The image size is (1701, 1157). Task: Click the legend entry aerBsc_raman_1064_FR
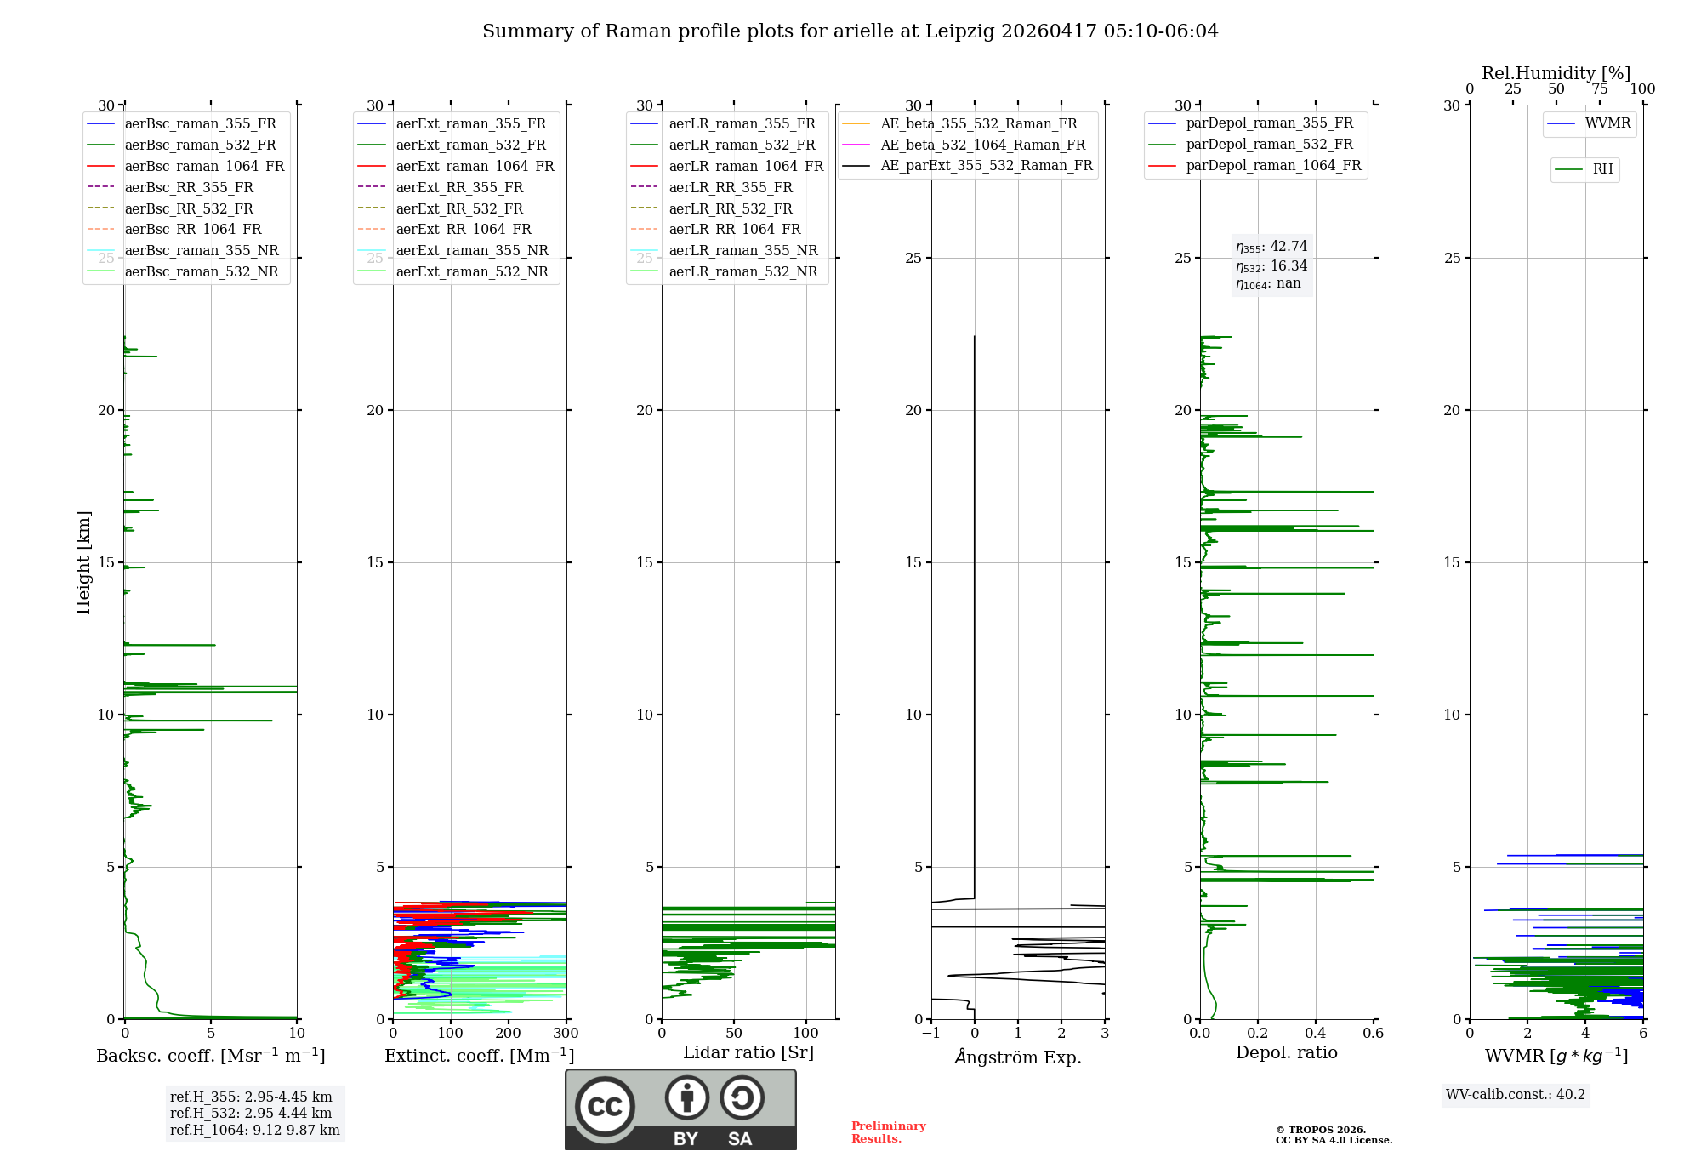(x=185, y=166)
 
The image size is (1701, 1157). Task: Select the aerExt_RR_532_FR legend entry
(x=440, y=208)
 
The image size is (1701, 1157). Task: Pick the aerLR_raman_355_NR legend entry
(x=724, y=250)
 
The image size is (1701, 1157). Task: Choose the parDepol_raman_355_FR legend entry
(x=1250, y=123)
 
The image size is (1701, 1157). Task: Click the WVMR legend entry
(x=1589, y=123)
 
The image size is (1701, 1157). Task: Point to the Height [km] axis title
(x=83, y=562)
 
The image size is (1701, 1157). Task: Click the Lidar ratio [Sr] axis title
(x=748, y=1052)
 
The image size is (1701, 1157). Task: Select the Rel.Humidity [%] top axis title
(x=1556, y=73)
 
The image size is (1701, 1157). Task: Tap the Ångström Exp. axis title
(x=1018, y=1057)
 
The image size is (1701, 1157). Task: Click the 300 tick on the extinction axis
(x=566, y=1033)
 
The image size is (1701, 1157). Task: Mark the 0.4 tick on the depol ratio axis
(x=1316, y=1033)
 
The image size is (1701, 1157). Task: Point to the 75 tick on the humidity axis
(x=1600, y=88)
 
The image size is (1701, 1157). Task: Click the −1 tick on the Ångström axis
(x=930, y=1033)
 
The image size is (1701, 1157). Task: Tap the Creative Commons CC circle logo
(x=605, y=1106)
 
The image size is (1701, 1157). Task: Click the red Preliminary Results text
(x=889, y=1132)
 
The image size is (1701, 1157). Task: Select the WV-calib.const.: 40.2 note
(x=1516, y=1094)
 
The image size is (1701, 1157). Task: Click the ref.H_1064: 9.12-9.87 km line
(x=255, y=1131)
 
